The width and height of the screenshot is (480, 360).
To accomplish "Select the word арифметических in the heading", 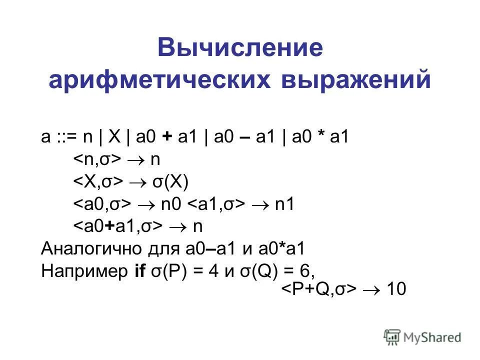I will tap(149, 80).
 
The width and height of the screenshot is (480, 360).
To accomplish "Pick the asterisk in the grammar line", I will tap(319, 137).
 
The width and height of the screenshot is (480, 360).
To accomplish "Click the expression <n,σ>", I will tap(98, 159).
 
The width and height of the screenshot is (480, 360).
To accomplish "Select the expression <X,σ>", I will tap(99, 182).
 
